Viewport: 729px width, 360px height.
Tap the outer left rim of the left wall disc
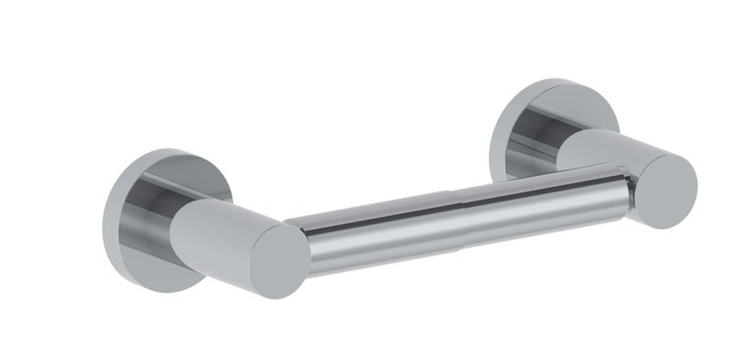[108, 214]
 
